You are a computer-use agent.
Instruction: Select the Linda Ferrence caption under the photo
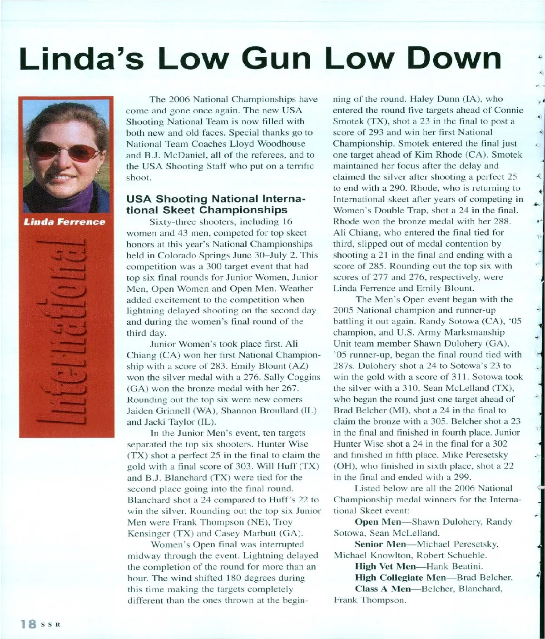tap(65, 222)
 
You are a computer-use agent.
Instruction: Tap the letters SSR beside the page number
tap(52, 624)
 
